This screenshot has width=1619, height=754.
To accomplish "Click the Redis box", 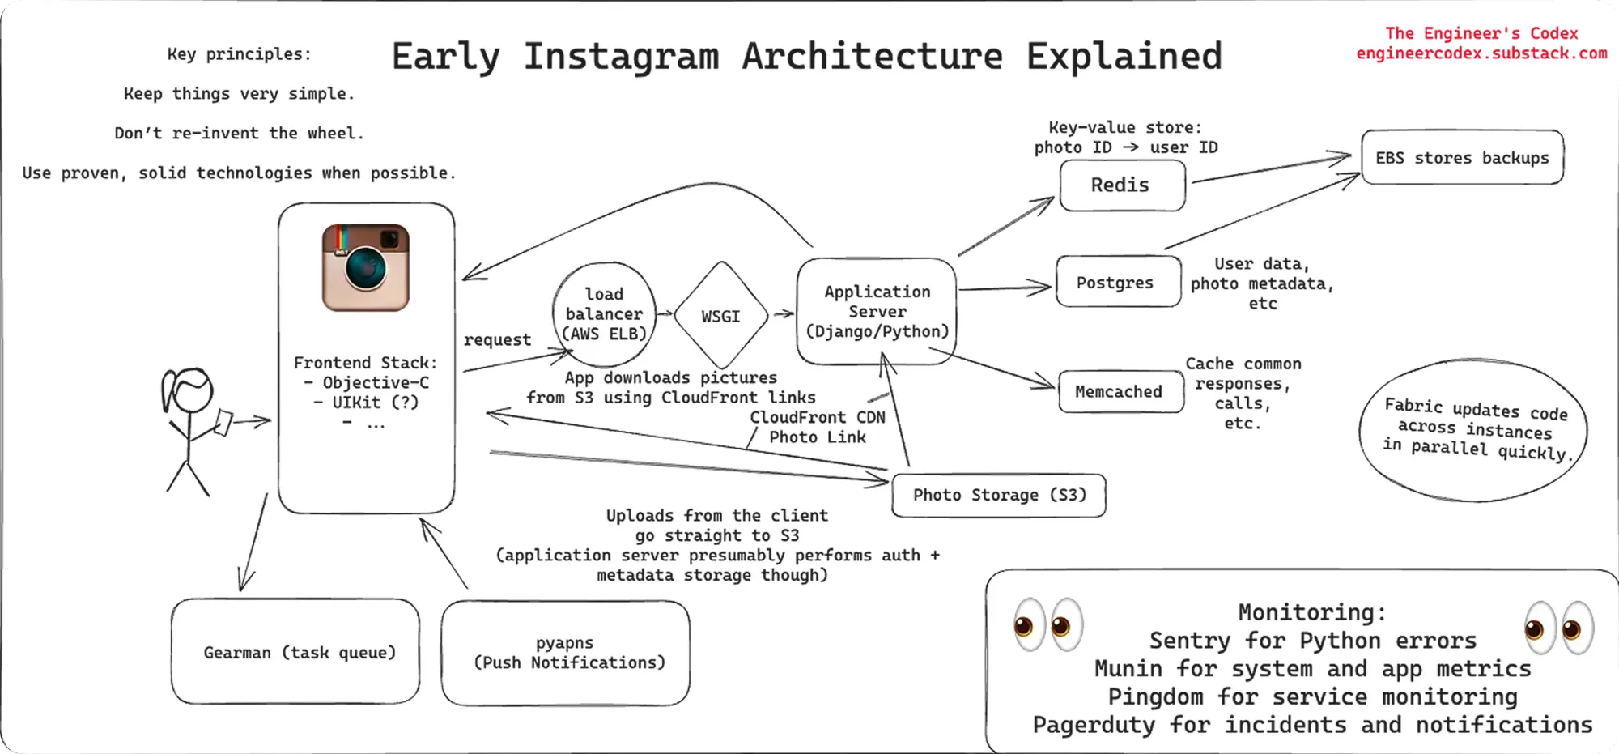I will pyautogui.click(x=1122, y=185).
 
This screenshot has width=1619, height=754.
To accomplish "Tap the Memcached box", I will pyautogui.click(x=1120, y=392).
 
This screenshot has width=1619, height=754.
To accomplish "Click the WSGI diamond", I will pyautogui.click(x=720, y=316).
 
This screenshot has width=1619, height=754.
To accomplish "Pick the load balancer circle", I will pyautogui.click(x=604, y=314).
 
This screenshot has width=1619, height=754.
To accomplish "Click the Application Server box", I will pyautogui.click(x=877, y=312).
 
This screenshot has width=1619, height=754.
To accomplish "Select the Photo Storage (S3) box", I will pyautogui.click(x=998, y=495).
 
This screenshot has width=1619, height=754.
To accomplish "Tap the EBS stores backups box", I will pyautogui.click(x=1462, y=158).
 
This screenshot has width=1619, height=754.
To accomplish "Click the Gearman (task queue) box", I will pyautogui.click(x=295, y=652).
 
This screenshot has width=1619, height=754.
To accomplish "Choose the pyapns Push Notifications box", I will pyautogui.click(x=566, y=653).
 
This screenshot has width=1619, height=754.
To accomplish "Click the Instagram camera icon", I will pyautogui.click(x=366, y=267).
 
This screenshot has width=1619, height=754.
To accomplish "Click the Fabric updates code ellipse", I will pyautogui.click(x=1473, y=429).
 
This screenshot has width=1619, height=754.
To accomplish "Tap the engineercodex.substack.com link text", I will pyautogui.click(x=1481, y=53).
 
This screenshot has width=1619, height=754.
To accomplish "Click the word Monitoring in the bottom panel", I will pyautogui.click(x=1311, y=612).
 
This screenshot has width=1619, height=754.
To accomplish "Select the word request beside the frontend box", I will pyautogui.click(x=497, y=340).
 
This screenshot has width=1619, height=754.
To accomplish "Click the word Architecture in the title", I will pyautogui.click(x=872, y=57).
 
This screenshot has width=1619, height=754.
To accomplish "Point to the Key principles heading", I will pyautogui.click(x=239, y=54).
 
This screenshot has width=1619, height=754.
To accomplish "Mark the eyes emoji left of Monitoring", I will pyautogui.click(x=1048, y=625).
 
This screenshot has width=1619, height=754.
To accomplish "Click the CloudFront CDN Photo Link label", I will pyautogui.click(x=818, y=427).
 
